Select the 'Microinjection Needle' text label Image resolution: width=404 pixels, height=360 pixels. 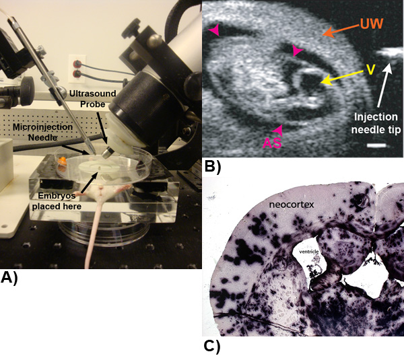[x=44, y=132]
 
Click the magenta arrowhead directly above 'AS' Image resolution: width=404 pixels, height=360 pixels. [x=277, y=128]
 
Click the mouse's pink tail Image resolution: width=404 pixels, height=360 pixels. [x=97, y=229]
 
